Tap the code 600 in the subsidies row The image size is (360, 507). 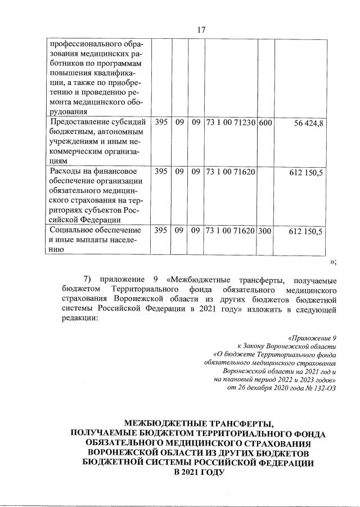[265, 123]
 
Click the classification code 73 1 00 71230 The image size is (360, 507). [231, 123]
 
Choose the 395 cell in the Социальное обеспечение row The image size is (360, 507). [160, 231]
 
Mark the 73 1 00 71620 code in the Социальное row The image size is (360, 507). [231, 231]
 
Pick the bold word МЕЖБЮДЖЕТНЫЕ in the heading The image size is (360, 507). [164, 423]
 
